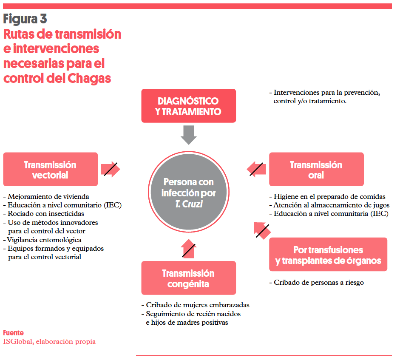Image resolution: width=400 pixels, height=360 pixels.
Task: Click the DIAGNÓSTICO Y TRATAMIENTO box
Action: [188, 106]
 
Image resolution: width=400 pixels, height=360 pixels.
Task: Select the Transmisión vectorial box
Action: [50, 169]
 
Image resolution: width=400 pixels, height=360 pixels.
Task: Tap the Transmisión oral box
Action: [316, 169]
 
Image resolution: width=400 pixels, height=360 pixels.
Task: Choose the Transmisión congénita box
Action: [188, 278]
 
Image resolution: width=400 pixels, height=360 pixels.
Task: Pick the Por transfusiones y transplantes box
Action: [328, 255]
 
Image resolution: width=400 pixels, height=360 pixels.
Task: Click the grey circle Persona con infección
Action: [188, 193]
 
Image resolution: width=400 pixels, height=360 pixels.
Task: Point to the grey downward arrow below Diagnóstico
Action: [188, 135]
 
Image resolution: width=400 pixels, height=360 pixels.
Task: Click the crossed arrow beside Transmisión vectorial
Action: [111, 169]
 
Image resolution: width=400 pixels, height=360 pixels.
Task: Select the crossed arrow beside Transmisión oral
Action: [257, 169]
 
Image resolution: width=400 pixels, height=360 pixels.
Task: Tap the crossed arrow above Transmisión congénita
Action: [188, 249]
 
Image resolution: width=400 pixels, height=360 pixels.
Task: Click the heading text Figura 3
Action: [25, 19]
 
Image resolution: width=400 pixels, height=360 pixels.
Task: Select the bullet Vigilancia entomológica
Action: [44, 240]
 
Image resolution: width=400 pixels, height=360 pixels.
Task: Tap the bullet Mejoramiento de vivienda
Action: [48, 196]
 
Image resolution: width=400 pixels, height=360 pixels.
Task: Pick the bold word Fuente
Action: [13, 333]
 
